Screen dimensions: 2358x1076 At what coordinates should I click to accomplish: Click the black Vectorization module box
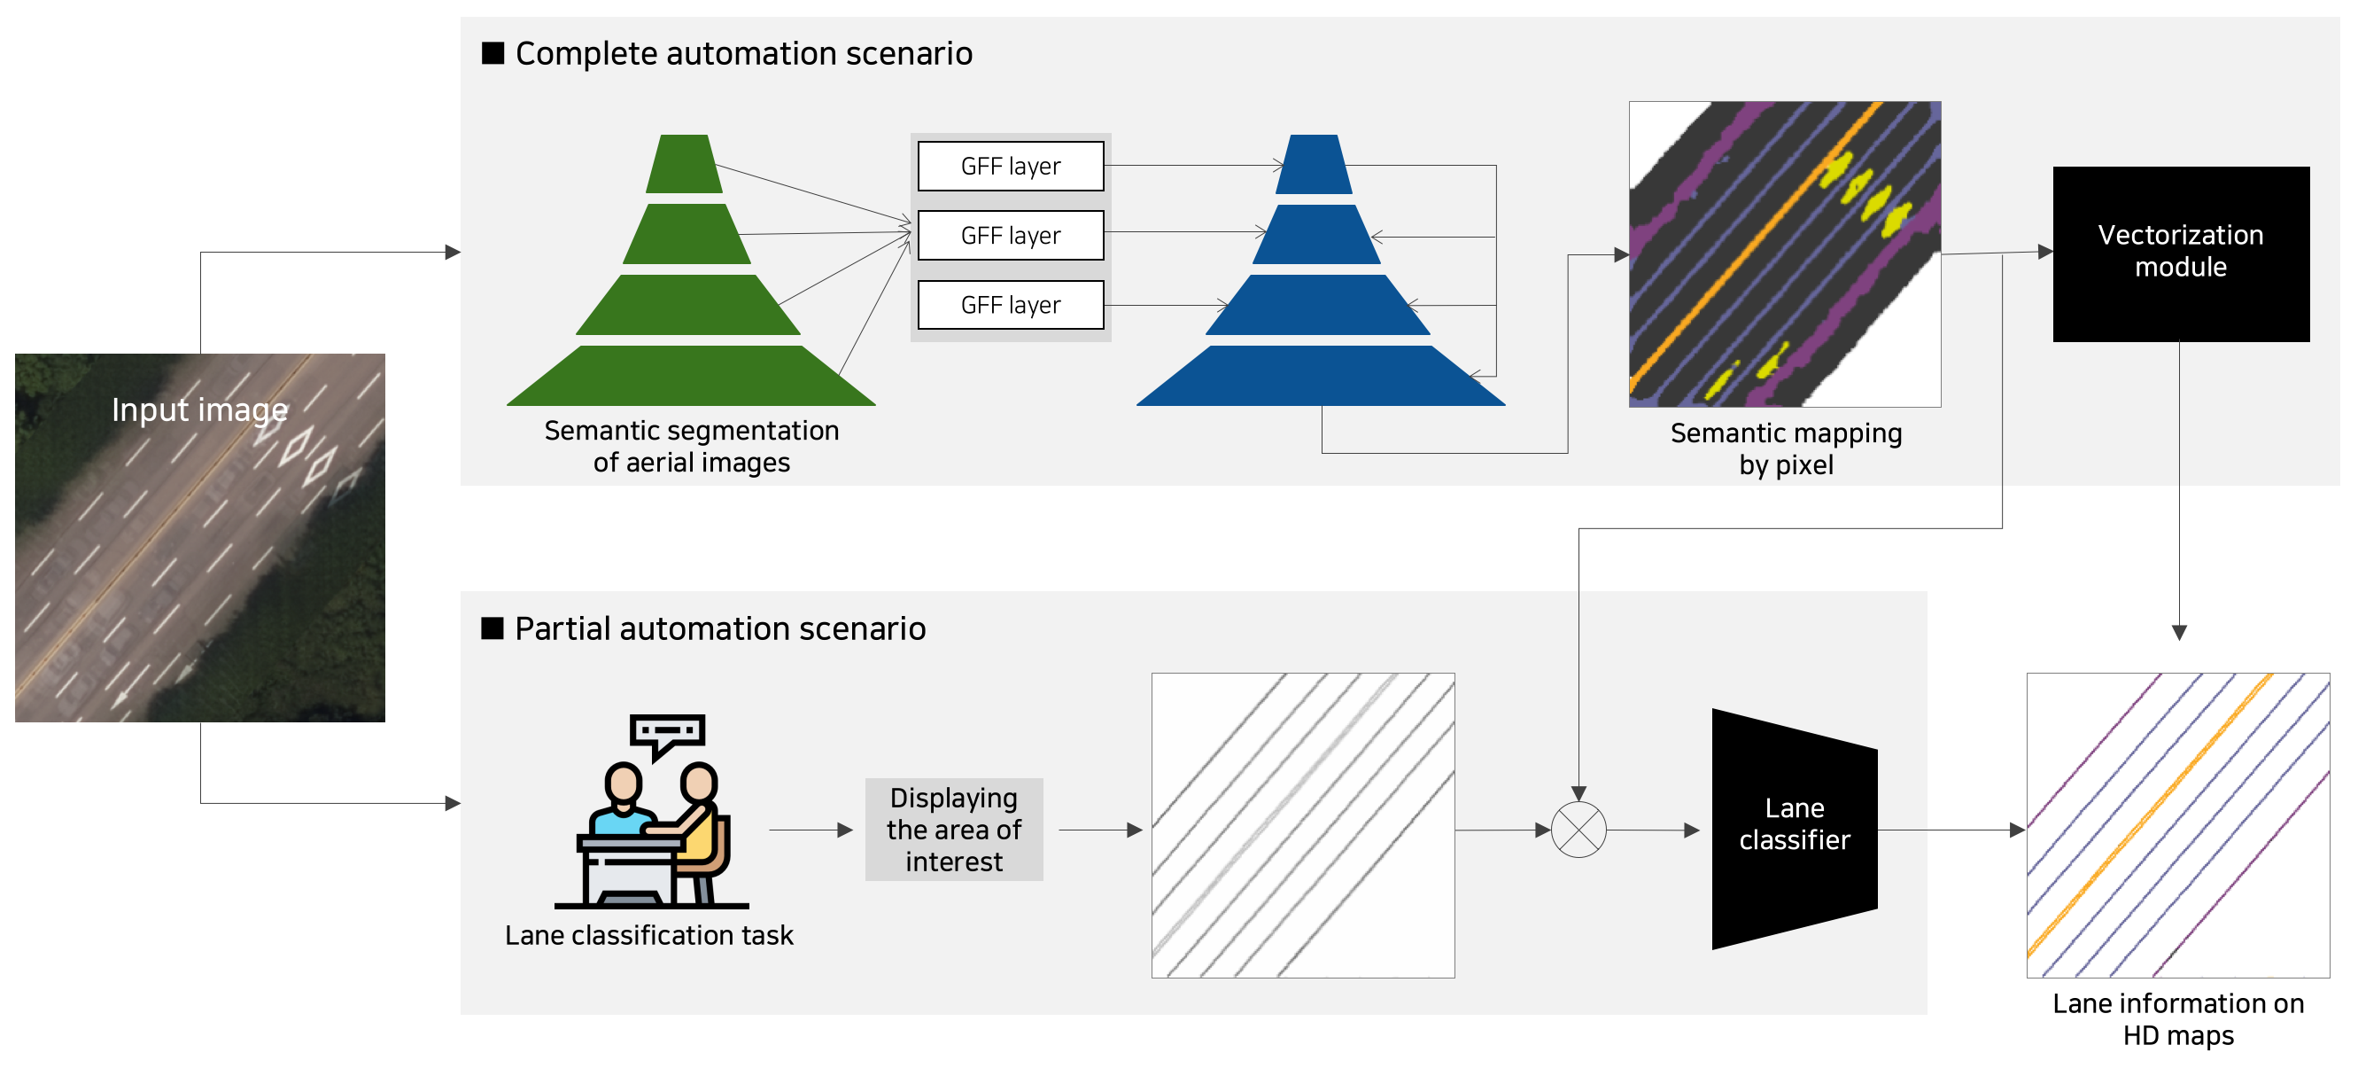2181,253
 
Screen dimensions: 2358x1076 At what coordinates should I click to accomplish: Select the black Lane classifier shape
1794,829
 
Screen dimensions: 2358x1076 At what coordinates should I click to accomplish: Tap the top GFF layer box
1011,166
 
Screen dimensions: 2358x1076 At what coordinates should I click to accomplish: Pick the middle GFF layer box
1011,236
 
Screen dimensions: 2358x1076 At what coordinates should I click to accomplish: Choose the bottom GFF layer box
1011,305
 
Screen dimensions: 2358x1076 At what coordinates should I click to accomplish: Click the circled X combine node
1578,830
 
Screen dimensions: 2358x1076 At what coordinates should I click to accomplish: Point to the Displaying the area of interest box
954,830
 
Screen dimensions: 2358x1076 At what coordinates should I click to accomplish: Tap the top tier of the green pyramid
684,164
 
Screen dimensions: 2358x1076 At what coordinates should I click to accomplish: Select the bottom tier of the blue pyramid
1320,376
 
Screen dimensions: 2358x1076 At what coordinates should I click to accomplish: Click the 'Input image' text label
199,410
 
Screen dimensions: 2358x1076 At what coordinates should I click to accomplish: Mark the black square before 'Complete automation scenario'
493,53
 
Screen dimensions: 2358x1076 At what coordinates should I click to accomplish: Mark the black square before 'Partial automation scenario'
493,628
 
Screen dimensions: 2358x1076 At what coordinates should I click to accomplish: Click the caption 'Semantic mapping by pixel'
1786,448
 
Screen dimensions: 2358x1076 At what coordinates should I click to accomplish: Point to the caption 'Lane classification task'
649,935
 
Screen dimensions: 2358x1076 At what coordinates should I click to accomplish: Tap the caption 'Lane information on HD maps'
2178,1019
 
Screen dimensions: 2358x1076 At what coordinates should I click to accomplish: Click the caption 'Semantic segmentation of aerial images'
691,446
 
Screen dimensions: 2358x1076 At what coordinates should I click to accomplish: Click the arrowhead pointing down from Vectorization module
2179,633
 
